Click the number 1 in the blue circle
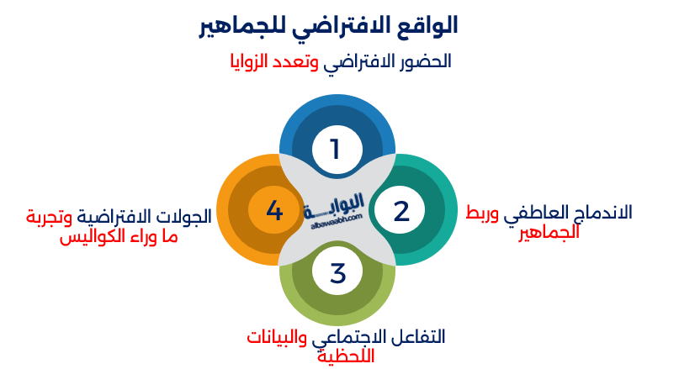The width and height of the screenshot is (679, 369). [335, 149]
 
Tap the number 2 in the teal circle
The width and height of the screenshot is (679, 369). [401, 211]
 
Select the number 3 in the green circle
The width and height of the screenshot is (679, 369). [337, 273]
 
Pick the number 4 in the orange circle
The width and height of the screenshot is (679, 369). [274, 210]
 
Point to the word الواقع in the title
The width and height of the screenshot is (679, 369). [429, 26]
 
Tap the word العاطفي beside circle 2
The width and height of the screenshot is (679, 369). [533, 211]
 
